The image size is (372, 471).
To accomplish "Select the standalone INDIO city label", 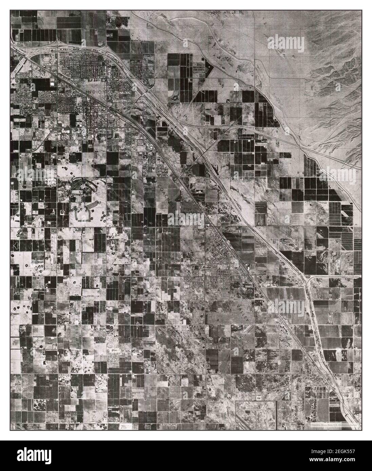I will click(94, 92).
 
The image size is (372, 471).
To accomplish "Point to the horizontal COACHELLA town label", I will click(235, 230).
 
